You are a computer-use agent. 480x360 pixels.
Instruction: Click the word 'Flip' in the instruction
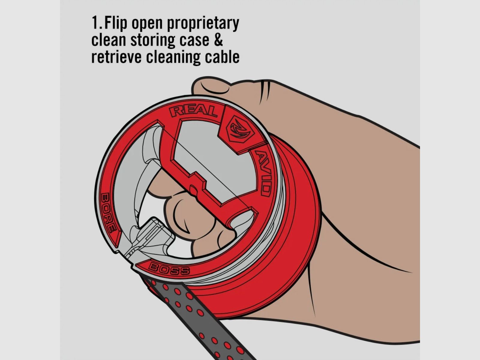116,23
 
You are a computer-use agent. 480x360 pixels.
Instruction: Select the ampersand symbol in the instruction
218,40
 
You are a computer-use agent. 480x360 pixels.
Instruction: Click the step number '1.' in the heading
97,22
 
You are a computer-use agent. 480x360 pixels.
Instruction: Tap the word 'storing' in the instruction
153,40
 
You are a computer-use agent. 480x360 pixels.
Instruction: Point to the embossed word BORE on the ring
108,212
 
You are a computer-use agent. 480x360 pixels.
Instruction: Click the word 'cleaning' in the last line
173,58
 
